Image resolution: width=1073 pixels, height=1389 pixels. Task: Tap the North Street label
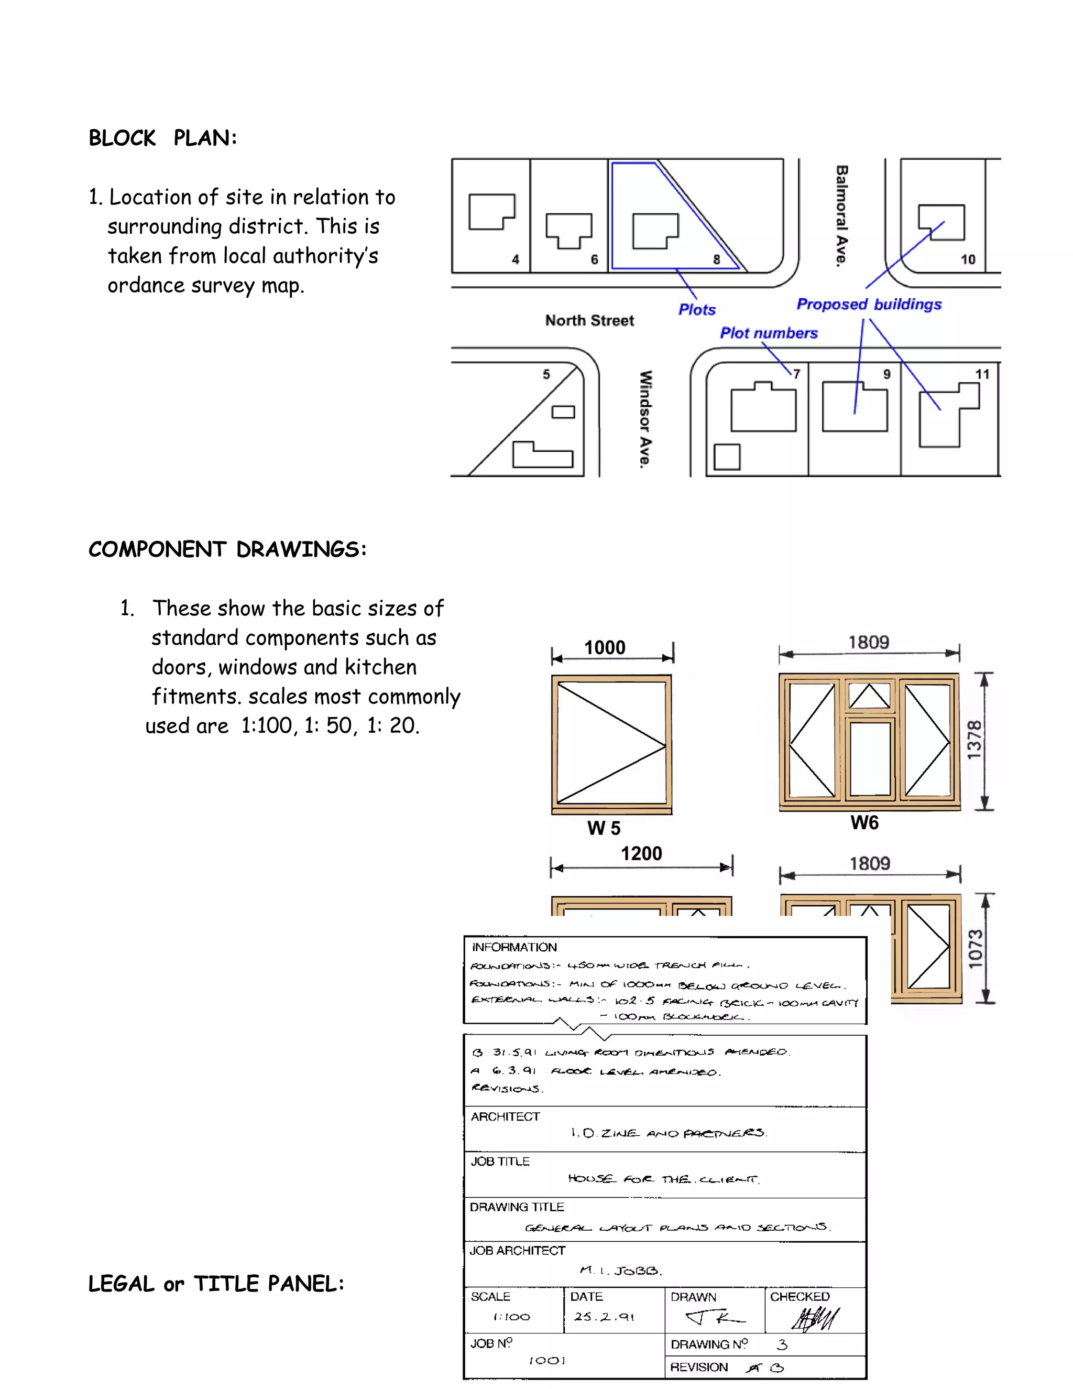click(589, 321)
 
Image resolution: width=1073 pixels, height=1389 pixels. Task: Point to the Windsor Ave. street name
click(645, 419)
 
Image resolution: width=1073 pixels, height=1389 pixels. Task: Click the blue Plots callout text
click(697, 310)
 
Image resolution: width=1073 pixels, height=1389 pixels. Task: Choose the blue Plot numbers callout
click(769, 333)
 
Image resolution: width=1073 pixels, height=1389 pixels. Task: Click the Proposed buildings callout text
click(869, 304)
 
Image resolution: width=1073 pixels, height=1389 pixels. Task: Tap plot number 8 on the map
click(716, 259)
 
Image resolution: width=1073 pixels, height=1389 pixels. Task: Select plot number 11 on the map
click(982, 374)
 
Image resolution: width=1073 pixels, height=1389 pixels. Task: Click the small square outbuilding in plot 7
click(727, 457)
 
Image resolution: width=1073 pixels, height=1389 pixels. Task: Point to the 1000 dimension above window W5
click(605, 647)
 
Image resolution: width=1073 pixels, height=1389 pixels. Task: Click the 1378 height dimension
click(974, 740)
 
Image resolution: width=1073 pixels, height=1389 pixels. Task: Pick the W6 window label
click(864, 823)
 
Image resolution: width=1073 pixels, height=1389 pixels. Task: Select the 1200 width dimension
click(641, 853)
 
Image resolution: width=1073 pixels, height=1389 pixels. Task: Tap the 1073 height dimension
click(975, 949)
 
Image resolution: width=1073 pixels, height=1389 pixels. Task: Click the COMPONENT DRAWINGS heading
click(227, 549)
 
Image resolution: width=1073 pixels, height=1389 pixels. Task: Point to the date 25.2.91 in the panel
click(604, 1317)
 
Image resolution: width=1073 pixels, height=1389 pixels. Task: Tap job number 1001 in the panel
click(546, 1360)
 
